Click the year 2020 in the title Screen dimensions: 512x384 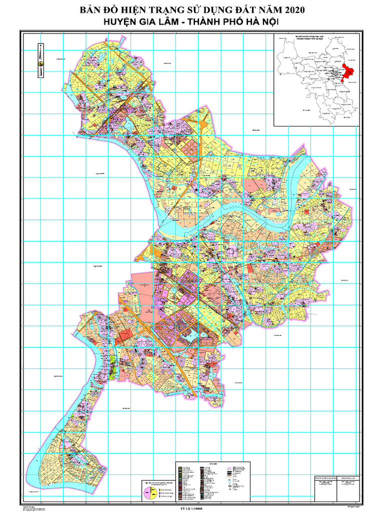[x=290, y=10]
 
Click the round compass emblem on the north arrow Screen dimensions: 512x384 [x=41, y=64]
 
